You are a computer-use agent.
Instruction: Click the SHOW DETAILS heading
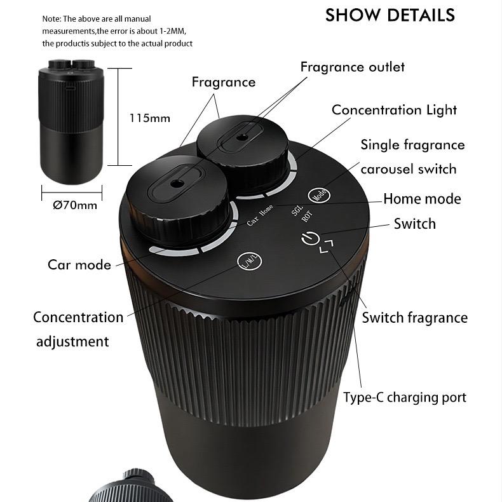click(390, 15)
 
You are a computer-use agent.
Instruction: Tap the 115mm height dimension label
click(150, 118)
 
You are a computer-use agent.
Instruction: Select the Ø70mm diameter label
click(75, 205)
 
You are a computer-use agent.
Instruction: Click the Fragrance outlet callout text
click(353, 67)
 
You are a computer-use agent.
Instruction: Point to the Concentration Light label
click(394, 111)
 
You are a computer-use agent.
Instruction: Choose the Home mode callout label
click(422, 199)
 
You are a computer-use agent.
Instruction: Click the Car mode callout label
click(79, 265)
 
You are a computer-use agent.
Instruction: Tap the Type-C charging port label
click(405, 398)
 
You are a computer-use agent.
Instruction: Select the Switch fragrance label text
click(414, 318)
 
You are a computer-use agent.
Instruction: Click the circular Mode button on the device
click(319, 194)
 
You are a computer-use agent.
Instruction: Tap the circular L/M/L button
click(250, 261)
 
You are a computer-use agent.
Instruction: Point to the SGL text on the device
click(297, 210)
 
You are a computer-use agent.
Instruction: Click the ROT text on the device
click(307, 217)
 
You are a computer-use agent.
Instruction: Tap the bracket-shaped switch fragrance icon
click(327, 246)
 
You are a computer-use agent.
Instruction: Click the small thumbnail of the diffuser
click(71, 121)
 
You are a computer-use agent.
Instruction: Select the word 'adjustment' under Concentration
click(72, 342)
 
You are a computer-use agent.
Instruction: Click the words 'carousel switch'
click(408, 169)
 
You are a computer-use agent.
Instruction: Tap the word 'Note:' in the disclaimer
click(51, 19)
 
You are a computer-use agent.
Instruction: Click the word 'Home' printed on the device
click(266, 210)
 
